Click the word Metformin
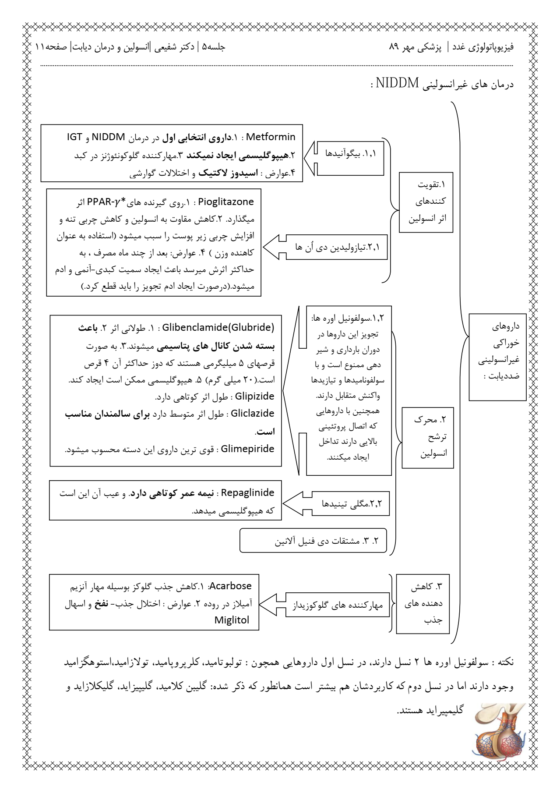tap(271, 137)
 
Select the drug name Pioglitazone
tap(226, 202)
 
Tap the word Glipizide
tap(254, 396)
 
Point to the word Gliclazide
tap(252, 414)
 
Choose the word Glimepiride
tap(247, 449)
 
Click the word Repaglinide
tap(247, 493)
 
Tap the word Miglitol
tap(232, 620)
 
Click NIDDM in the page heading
tap(397, 83)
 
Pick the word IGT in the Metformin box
tap(74, 137)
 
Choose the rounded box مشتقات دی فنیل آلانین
tap(313, 541)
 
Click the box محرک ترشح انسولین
tap(428, 437)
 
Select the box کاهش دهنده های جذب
tap(423, 603)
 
